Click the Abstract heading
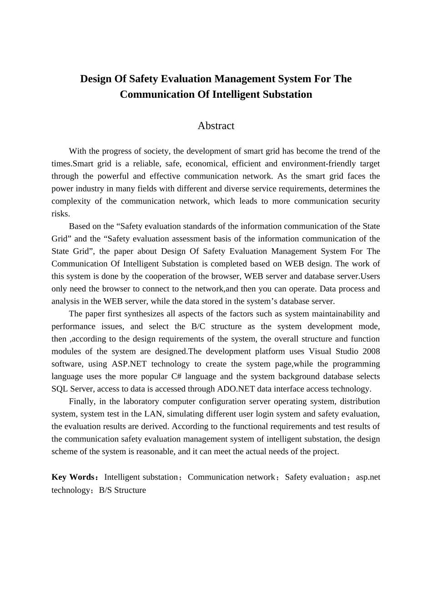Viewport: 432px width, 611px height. [216, 126]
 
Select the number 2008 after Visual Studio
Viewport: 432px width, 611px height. [371, 351]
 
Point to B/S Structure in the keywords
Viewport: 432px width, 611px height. [122, 490]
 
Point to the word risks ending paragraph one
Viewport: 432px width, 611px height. [60, 214]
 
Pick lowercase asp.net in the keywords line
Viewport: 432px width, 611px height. [368, 477]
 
